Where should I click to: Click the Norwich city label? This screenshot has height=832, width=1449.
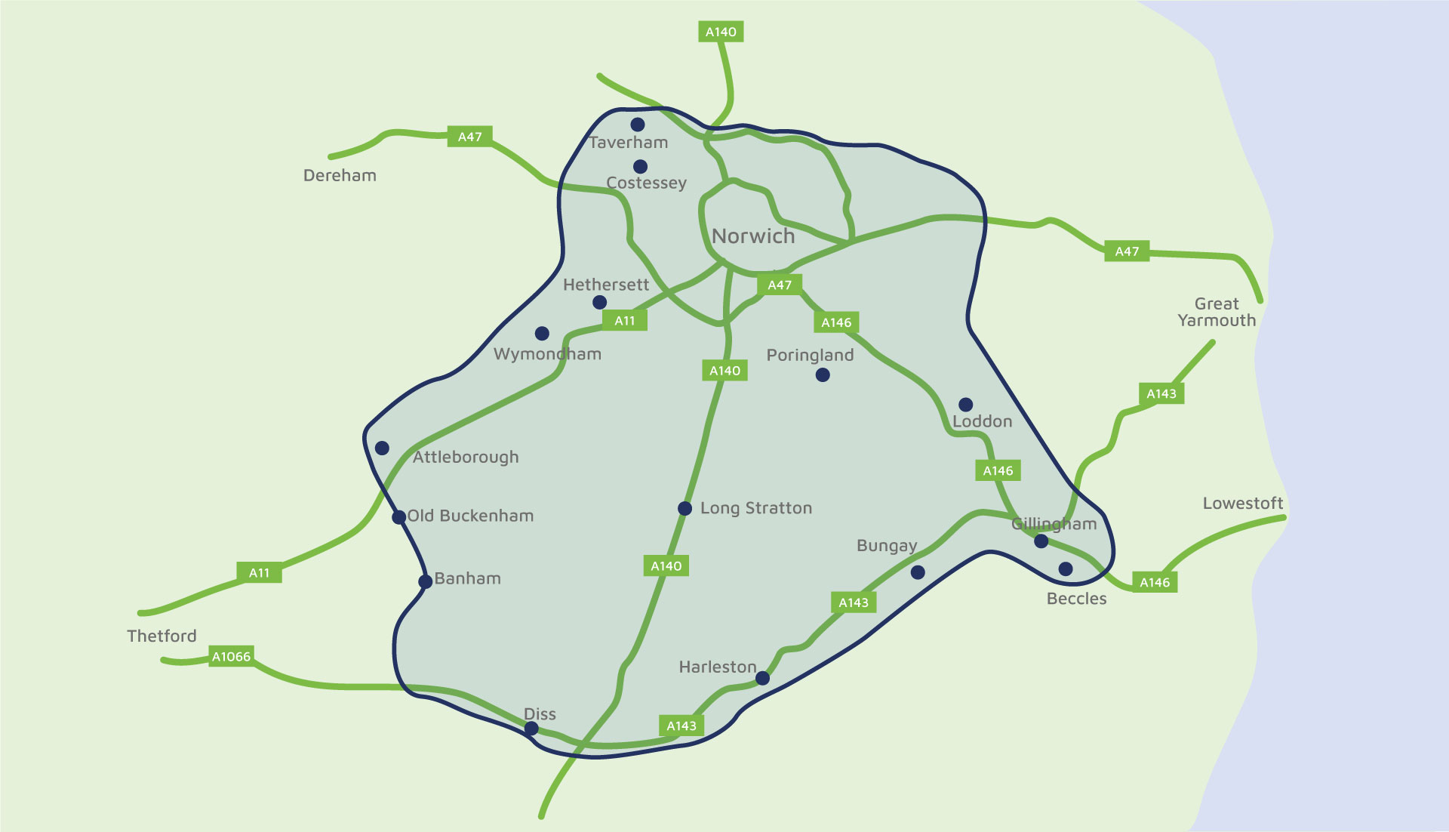(753, 236)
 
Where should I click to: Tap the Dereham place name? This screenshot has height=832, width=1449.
(340, 175)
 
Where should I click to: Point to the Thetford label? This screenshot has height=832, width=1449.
(162, 636)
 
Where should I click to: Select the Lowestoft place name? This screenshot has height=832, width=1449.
(1242, 503)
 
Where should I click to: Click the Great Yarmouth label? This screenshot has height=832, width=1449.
(1217, 312)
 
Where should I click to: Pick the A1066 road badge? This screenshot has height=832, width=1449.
(231, 656)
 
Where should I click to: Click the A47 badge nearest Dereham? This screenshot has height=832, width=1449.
(469, 137)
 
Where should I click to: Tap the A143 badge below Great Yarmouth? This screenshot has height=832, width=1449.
(1161, 393)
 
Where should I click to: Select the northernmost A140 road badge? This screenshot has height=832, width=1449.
(721, 32)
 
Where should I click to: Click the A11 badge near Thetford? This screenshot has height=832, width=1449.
(259, 572)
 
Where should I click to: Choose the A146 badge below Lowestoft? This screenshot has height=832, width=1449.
(1155, 582)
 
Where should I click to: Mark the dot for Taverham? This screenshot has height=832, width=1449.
(638, 125)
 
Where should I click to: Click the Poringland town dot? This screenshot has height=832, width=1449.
(823, 374)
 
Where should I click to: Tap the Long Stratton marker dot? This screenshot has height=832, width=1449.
(685, 509)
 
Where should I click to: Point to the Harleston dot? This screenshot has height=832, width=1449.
(762, 678)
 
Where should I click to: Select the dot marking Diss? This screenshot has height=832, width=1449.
(531, 729)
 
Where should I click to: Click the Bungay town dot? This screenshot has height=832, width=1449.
(918, 572)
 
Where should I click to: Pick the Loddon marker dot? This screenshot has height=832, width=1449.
(965, 405)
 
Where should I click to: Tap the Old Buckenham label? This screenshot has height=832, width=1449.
(470, 516)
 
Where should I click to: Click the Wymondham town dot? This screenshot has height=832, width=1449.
(542, 333)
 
